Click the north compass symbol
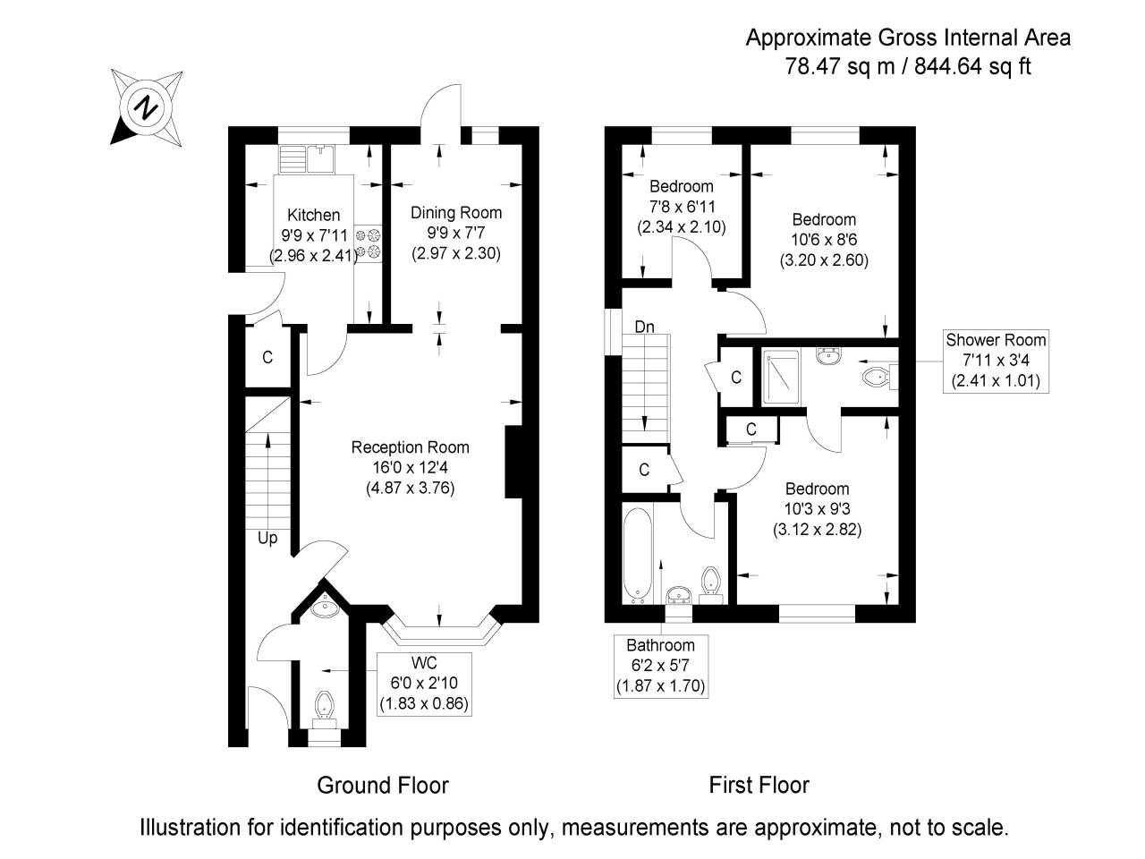[x=146, y=108]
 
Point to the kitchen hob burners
[x=369, y=244]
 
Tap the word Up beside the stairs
[x=267, y=538]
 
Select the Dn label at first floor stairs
[x=645, y=327]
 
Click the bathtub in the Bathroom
[x=637, y=555]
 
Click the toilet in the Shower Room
[x=874, y=377]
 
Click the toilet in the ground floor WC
[x=322, y=705]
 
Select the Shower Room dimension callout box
[x=996, y=361]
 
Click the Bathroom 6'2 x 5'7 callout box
[x=660, y=666]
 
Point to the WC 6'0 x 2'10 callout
[x=423, y=683]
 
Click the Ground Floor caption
[x=383, y=786]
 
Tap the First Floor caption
[x=759, y=786]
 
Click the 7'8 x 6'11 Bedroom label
[x=681, y=207]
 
